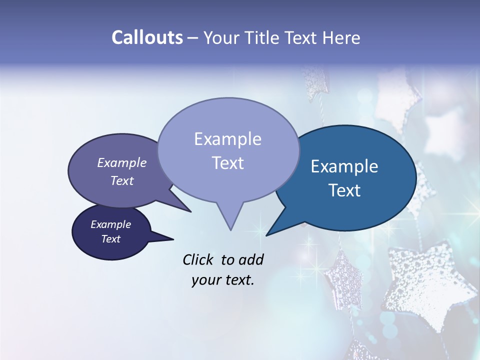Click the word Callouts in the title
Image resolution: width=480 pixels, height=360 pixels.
(x=147, y=37)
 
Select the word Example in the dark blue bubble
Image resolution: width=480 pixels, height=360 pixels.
(x=344, y=166)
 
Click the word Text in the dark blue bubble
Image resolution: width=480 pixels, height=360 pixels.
(x=345, y=190)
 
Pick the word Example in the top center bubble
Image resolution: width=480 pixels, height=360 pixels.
(x=227, y=139)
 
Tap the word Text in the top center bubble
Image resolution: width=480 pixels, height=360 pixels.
(x=228, y=163)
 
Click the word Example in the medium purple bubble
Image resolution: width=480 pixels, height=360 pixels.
(x=122, y=162)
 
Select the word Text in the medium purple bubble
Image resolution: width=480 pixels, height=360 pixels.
(x=122, y=180)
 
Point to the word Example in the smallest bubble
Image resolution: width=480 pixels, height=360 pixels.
(x=110, y=224)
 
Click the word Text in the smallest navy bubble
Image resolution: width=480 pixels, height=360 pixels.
(x=111, y=239)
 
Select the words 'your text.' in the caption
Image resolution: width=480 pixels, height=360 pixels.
(x=223, y=280)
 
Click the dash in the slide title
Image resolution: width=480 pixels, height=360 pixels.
(x=193, y=38)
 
